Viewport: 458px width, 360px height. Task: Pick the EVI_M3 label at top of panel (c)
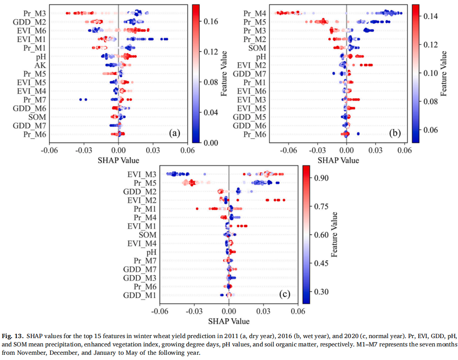pyautogui.click(x=143, y=174)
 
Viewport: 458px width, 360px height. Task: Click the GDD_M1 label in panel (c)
pyautogui.click(x=141, y=295)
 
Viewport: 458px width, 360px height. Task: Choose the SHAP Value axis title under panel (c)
pyautogui.click(x=229, y=321)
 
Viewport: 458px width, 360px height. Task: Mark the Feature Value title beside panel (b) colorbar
pyautogui.click(x=445, y=73)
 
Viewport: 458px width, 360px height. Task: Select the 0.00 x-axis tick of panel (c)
pyautogui.click(x=229, y=311)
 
